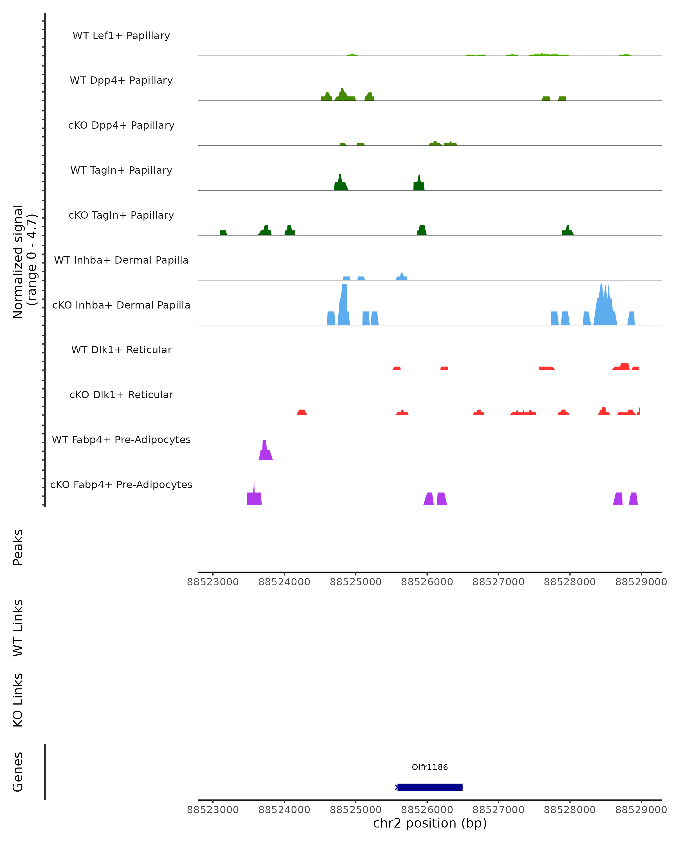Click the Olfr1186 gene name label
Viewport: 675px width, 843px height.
tap(430, 767)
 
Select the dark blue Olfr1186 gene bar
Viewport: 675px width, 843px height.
tap(430, 787)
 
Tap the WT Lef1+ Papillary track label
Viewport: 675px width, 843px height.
tap(121, 36)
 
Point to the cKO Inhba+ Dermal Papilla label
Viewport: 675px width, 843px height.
tap(121, 305)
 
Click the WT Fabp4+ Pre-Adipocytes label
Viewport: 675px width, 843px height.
tap(121, 439)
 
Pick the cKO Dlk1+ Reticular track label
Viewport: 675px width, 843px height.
tap(121, 395)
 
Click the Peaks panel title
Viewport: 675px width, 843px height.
tap(18, 547)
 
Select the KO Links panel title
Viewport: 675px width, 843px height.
tap(18, 700)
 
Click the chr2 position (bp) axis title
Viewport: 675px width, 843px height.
tap(430, 823)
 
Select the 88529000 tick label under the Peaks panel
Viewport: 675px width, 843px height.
tap(641, 582)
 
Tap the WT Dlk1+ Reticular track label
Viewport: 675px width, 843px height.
tap(121, 350)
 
